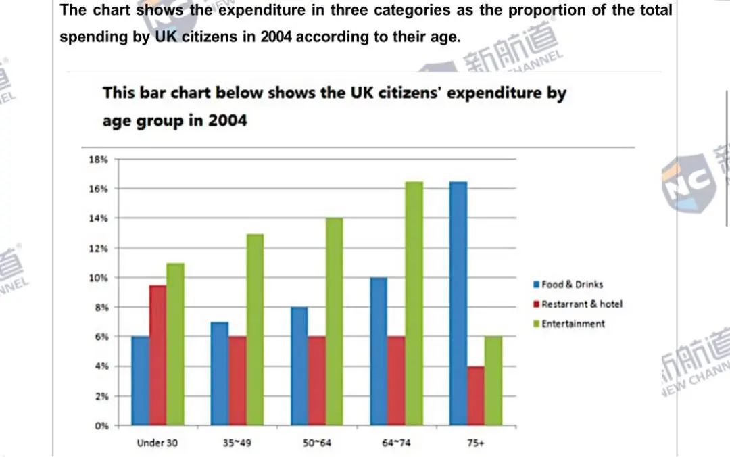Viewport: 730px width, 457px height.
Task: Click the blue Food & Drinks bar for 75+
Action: pos(458,304)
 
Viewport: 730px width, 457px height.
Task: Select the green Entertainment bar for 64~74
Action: pos(414,304)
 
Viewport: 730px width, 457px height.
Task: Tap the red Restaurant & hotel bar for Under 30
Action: pos(157,356)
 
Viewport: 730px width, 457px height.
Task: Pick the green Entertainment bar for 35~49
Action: pos(255,330)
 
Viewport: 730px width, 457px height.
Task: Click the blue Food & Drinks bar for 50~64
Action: pos(299,366)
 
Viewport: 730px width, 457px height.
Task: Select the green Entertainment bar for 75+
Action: pos(493,381)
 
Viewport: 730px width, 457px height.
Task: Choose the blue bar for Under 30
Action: pos(140,381)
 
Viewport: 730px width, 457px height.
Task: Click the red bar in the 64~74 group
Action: pos(396,381)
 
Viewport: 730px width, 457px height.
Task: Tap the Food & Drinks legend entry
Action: pos(571,285)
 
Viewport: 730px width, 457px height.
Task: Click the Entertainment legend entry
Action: pos(573,324)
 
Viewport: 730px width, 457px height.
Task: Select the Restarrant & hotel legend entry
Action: pos(581,304)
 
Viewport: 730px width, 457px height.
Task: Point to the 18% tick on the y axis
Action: pos(99,160)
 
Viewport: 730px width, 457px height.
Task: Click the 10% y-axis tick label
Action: pos(99,278)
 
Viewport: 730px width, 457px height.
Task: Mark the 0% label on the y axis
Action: pos(101,426)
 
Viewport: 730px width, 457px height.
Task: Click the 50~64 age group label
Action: pos(316,444)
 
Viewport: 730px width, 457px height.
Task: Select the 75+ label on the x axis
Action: pos(475,444)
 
